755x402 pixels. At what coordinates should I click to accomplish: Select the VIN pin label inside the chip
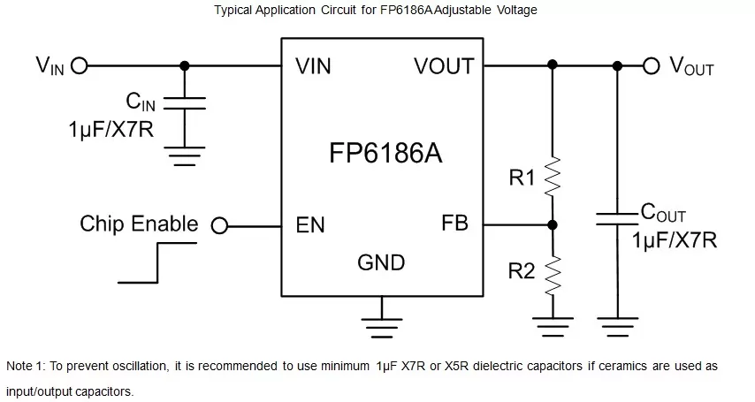click(314, 65)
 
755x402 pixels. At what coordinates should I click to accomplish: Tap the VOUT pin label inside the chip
click(443, 65)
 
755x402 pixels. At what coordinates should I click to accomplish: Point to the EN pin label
click(310, 224)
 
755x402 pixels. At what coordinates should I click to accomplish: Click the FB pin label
click(454, 224)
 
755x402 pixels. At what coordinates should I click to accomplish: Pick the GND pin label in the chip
click(381, 262)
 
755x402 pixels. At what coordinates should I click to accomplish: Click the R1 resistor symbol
click(553, 178)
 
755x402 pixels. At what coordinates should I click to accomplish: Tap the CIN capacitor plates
click(184, 103)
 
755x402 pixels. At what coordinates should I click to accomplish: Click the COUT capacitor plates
click(616, 218)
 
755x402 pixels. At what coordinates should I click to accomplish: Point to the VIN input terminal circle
click(78, 64)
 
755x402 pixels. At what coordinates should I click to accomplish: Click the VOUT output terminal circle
click(652, 64)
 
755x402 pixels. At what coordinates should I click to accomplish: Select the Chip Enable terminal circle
click(219, 225)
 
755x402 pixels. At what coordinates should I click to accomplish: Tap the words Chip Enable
click(139, 224)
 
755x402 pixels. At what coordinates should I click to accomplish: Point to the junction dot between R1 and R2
click(553, 224)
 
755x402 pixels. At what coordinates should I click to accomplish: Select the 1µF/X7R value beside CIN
click(111, 129)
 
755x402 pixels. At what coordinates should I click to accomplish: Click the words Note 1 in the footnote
click(26, 365)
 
